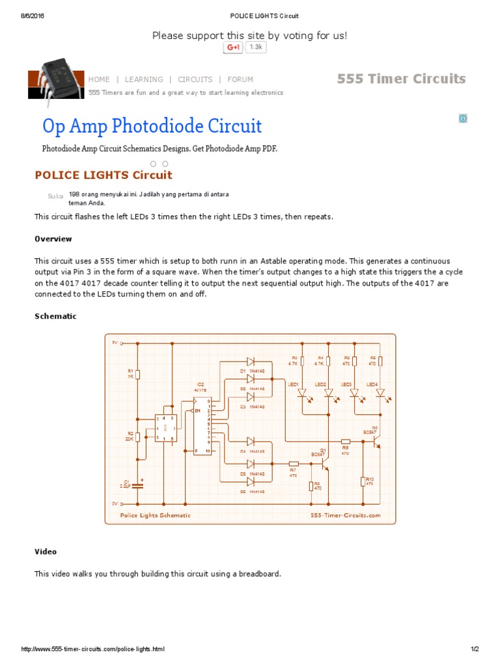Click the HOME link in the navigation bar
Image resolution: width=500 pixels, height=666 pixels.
click(x=99, y=79)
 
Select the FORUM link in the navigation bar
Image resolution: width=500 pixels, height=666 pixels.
click(x=240, y=79)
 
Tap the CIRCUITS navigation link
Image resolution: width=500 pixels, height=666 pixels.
click(x=195, y=79)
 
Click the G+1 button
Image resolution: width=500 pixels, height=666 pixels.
click(x=232, y=47)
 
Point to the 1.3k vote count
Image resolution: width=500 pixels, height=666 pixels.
click(x=256, y=47)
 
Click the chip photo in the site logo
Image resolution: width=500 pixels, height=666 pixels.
click(x=62, y=76)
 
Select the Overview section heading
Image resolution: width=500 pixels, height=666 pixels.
click(x=53, y=239)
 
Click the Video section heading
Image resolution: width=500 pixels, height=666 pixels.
click(x=46, y=552)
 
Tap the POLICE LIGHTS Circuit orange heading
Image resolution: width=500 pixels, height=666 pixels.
click(x=104, y=175)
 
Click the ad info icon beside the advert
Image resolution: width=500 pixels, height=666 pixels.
click(x=463, y=118)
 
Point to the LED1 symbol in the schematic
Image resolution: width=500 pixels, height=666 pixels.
click(x=301, y=393)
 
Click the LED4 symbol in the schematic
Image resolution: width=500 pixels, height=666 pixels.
click(x=380, y=393)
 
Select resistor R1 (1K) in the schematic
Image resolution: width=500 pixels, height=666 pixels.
click(x=138, y=374)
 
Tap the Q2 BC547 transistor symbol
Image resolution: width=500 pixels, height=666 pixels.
click(x=376, y=442)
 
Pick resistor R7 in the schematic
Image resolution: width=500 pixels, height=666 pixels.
click(x=294, y=463)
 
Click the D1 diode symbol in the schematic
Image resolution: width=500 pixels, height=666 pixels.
click(x=250, y=361)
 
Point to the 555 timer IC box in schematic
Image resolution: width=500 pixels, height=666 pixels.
click(x=165, y=428)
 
